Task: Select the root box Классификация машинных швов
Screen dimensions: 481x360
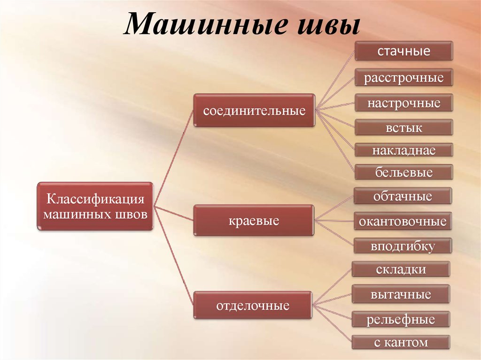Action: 95,207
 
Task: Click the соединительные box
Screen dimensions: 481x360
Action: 254,110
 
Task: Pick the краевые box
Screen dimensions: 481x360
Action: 254,221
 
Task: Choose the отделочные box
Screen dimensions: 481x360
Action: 253,305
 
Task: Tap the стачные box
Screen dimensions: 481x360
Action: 403,51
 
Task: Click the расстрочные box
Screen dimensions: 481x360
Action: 403,77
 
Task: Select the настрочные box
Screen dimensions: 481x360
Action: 403,103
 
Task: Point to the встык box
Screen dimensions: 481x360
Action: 403,127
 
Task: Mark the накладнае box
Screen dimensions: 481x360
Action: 403,150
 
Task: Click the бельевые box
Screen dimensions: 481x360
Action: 403,172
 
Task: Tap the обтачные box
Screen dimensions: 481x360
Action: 403,196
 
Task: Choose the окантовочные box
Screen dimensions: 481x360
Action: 403,221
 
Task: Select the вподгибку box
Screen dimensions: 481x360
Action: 403,245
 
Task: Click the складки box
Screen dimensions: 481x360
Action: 401,269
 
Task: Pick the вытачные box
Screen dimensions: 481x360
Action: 401,294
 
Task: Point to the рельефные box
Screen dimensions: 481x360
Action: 401,319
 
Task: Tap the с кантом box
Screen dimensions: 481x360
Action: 401,342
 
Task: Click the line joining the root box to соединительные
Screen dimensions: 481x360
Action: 173,158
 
